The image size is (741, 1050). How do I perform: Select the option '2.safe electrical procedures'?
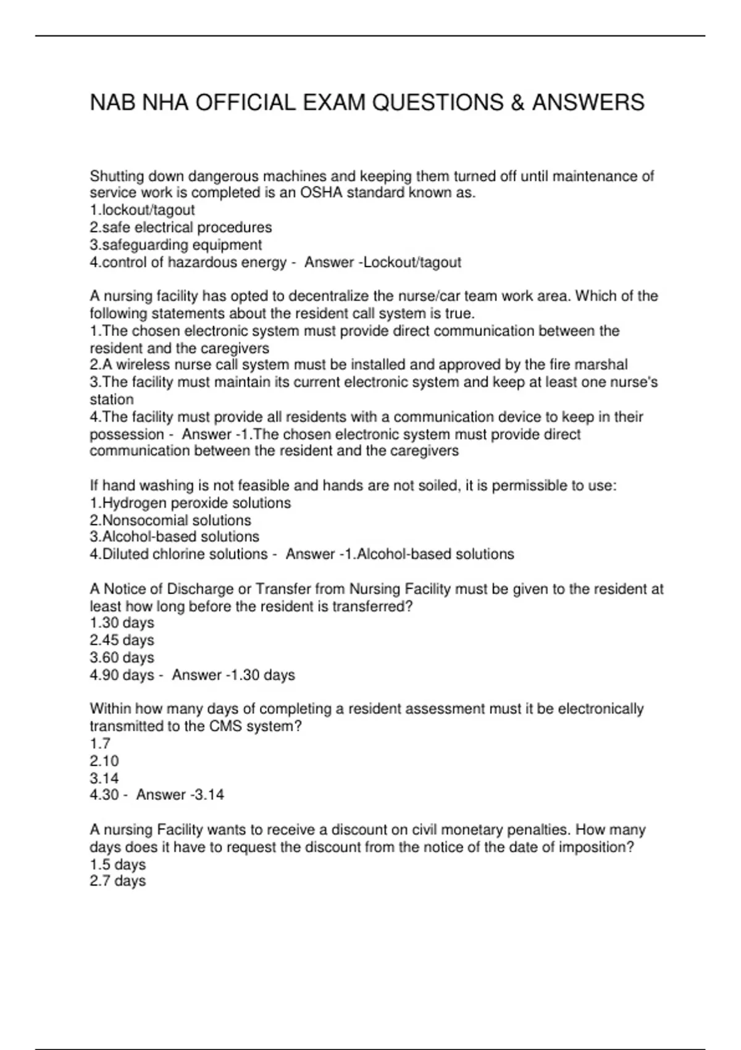pos(180,227)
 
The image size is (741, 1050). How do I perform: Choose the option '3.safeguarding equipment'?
pos(175,245)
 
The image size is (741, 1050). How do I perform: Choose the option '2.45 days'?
pos(122,640)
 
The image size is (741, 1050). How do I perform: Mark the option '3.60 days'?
pos(122,657)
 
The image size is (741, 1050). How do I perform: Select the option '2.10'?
pos(104,761)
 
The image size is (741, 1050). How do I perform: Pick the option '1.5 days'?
pos(117,864)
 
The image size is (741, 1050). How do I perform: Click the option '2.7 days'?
pos(117,881)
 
